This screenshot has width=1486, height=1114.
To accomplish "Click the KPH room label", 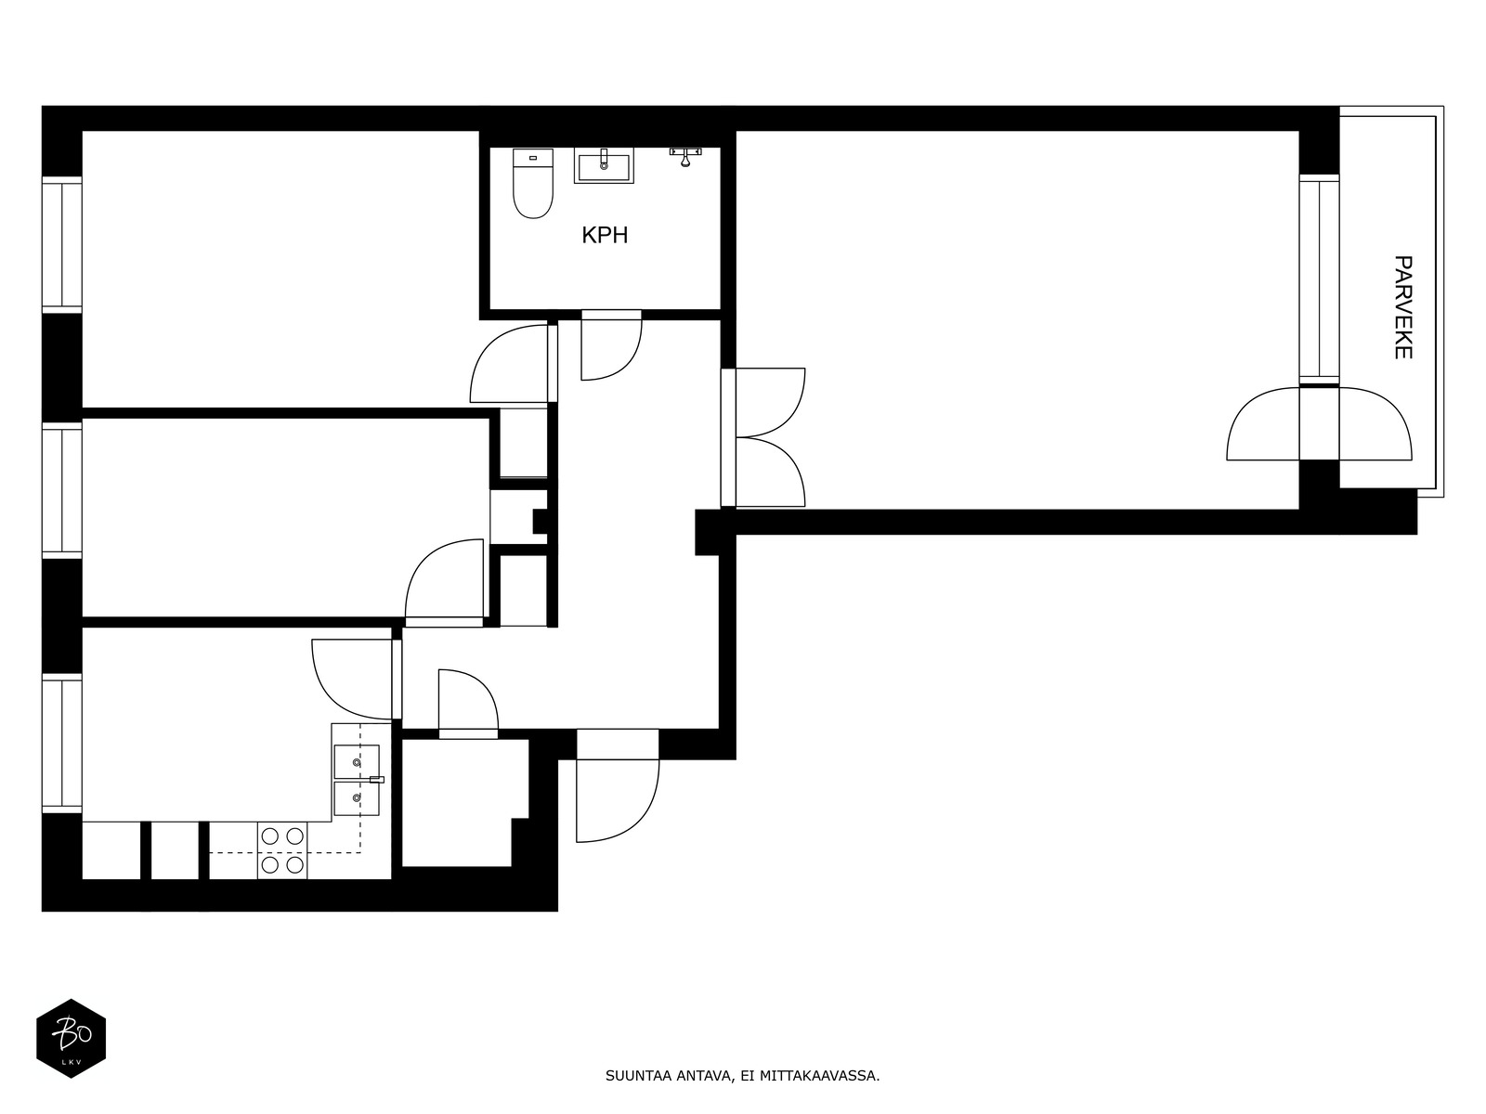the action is point(605,235).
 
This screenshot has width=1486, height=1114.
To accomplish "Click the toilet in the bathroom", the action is point(533,183).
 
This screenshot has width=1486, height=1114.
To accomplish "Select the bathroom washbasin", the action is point(604,166).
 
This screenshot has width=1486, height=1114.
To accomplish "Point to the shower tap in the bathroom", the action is point(685,157).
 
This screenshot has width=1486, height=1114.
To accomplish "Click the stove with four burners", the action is point(282,850).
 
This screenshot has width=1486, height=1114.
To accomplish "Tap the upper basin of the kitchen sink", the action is point(357,761).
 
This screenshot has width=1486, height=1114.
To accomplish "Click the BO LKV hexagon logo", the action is point(72,1038).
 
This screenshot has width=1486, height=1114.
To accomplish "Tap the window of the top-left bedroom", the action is point(61,245).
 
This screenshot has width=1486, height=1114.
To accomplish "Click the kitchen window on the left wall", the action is point(61,744).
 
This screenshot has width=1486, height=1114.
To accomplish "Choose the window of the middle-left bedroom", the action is point(61,490).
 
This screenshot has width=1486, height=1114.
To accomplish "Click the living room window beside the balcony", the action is point(1319,279).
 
